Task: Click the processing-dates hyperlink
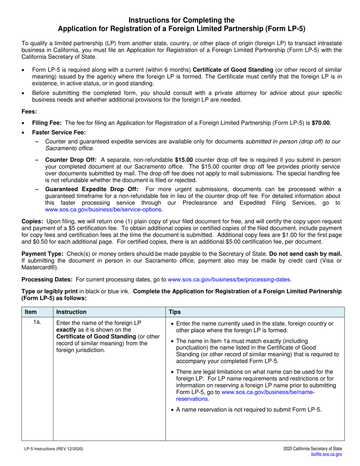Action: [230, 280]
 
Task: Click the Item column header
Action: [31, 312]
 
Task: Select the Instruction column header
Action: [71, 312]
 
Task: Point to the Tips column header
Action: [175, 312]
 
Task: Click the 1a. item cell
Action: [37, 323]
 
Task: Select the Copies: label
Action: [33, 221]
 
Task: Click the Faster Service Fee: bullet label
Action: [59, 132]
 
